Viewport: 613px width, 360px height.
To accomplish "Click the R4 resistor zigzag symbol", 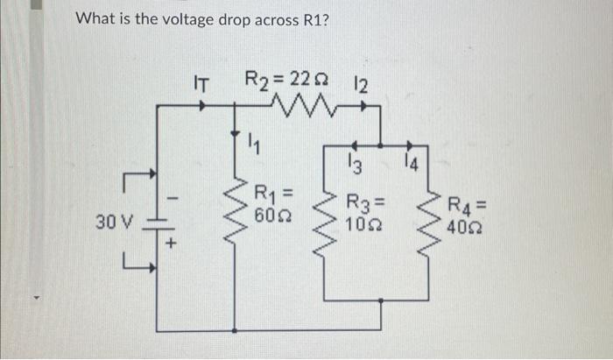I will [x=430, y=219].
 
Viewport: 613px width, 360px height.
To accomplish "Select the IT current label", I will [x=201, y=85].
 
